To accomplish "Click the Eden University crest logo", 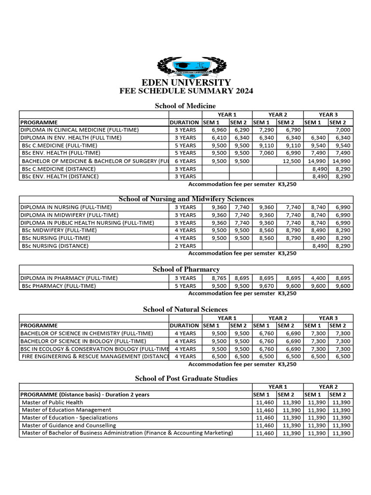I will (x=186, y=67).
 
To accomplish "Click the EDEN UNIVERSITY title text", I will (x=186, y=83).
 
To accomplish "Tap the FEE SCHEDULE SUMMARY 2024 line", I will (x=186, y=91).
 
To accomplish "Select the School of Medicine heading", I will (x=185, y=106).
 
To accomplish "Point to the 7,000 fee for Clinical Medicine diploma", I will (x=343, y=130).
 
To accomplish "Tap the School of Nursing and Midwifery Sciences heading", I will (x=186, y=199).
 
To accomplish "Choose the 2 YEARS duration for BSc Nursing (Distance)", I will (x=185, y=246).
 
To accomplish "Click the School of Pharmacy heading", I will (x=186, y=269).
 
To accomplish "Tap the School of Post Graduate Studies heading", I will (x=186, y=379).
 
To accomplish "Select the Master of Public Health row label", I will (x=52, y=402).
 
